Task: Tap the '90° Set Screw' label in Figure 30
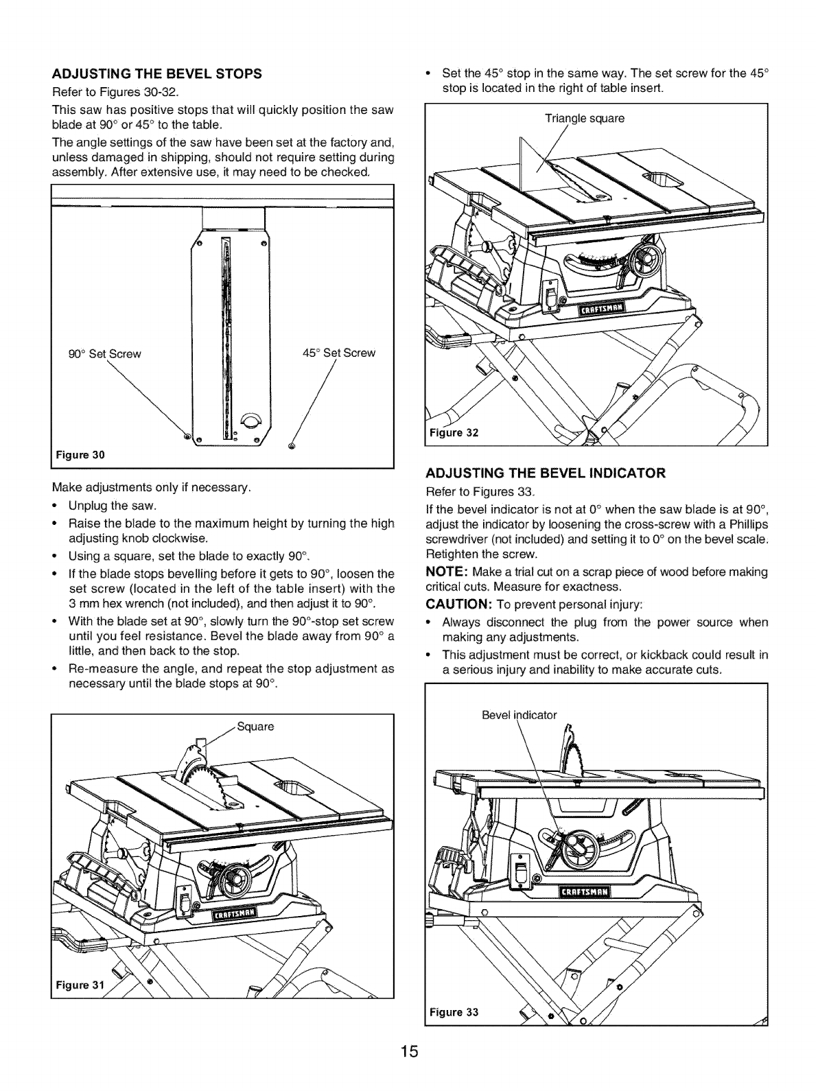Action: click(x=105, y=355)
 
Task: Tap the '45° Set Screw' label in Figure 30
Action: click(x=339, y=353)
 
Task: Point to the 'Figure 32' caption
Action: click(x=452, y=433)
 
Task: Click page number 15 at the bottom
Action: click(x=409, y=1070)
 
